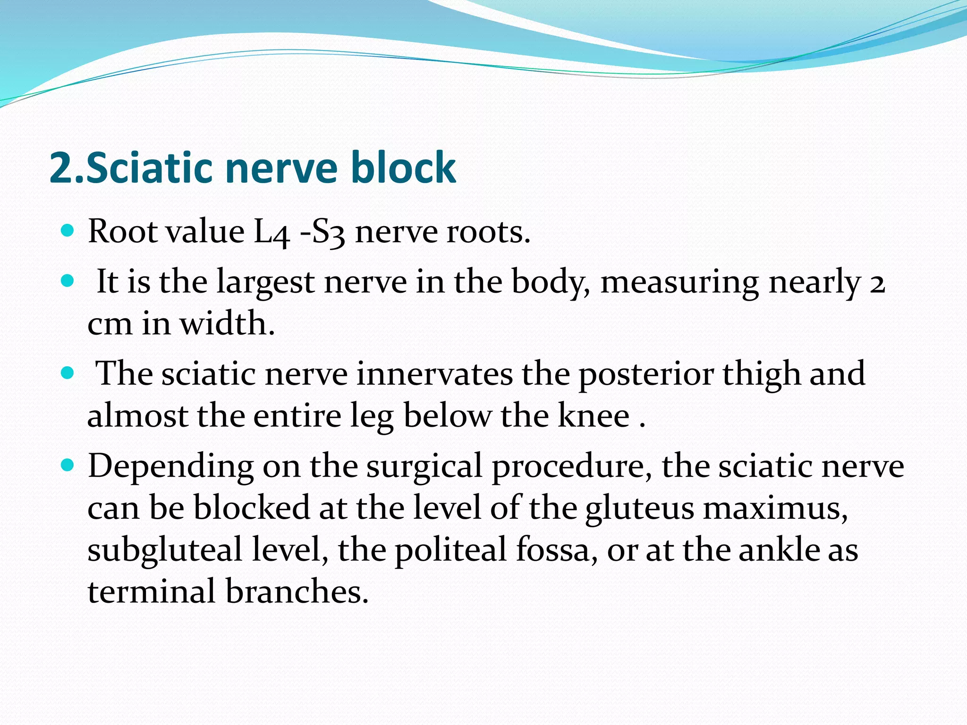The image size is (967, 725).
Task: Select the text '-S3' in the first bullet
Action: click(322, 232)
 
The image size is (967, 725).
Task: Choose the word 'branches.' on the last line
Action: click(297, 591)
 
